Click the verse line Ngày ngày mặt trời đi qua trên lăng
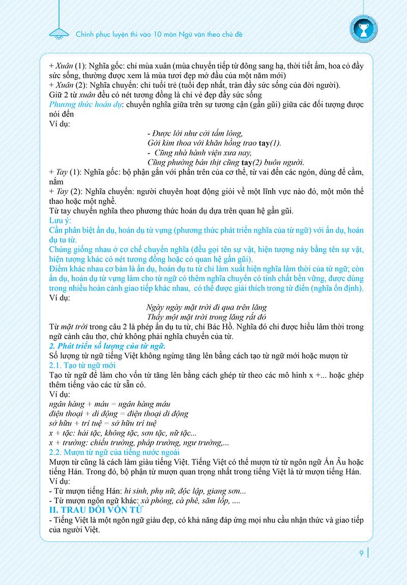tap(206, 307)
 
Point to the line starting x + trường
tap(135, 443)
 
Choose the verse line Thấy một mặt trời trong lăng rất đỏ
tap(206, 317)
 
